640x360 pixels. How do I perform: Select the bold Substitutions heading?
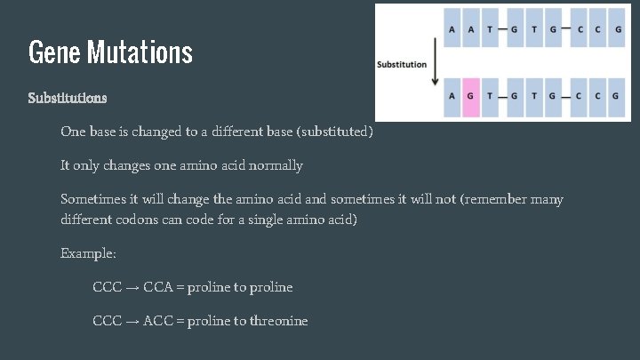click(68, 96)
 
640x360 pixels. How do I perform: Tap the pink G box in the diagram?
click(470, 97)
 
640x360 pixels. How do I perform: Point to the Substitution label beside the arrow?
click(402, 64)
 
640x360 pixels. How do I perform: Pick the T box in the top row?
click(490, 29)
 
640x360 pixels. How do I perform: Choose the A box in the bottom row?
click(452, 97)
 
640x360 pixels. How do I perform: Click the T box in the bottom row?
click(490, 97)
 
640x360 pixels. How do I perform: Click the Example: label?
click(88, 253)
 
